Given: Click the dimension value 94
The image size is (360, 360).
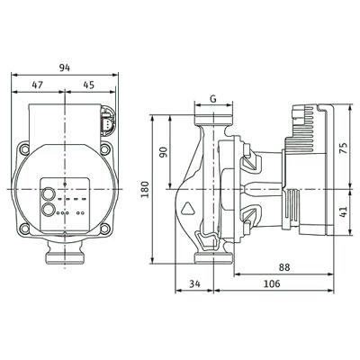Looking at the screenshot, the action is (65, 67).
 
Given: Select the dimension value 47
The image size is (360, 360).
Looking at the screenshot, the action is (38, 85).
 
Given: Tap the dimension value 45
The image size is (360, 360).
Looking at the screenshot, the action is (89, 85).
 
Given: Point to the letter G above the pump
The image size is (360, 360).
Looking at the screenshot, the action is (213, 99).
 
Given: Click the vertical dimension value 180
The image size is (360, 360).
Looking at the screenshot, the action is (145, 189).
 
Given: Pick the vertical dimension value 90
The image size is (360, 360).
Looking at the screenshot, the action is (163, 152).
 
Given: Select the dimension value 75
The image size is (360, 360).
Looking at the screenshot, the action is (344, 148).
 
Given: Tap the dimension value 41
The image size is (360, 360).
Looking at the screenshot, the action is (344, 211).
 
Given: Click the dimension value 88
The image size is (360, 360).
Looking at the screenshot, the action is (284, 267).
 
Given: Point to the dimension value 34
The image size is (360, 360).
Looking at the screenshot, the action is (194, 283).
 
